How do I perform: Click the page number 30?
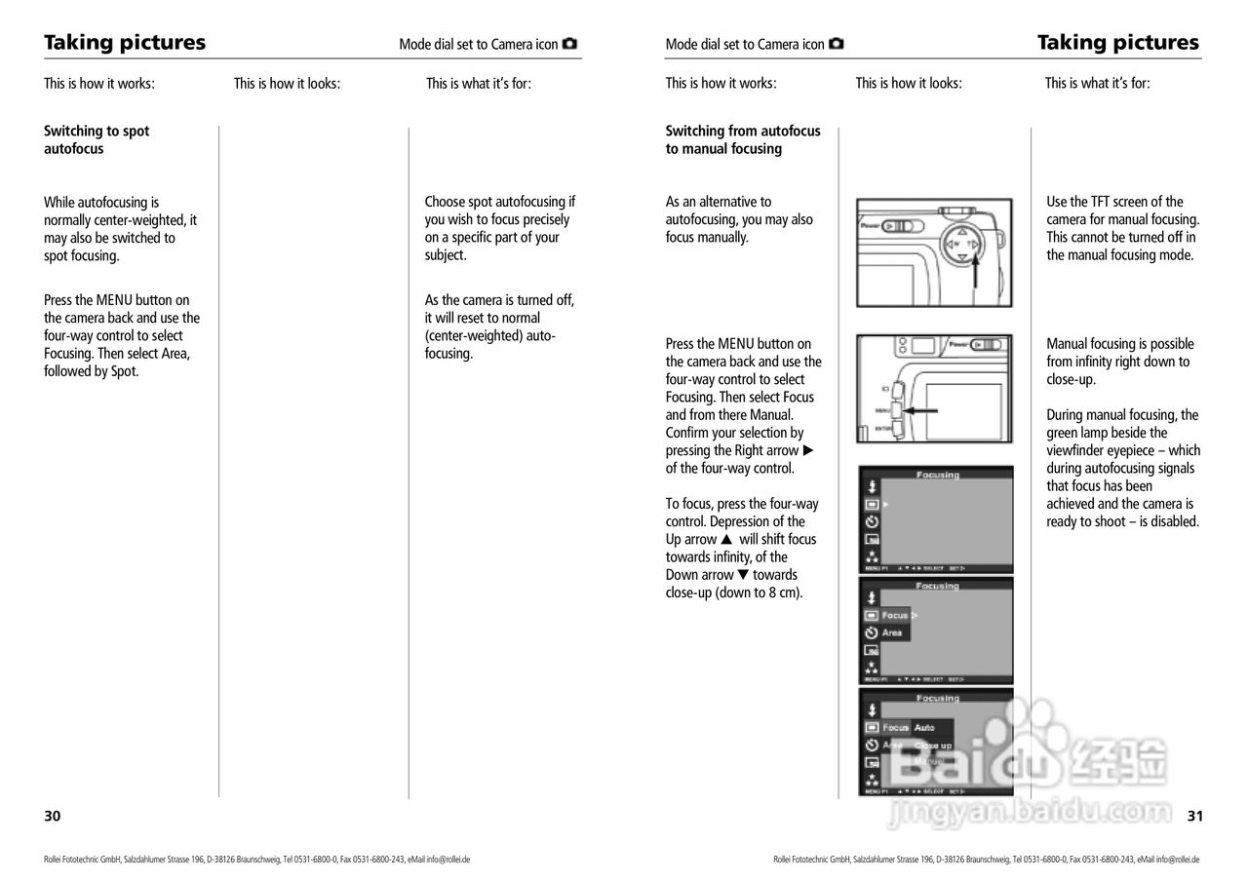click(x=52, y=816)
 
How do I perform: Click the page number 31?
click(x=1194, y=816)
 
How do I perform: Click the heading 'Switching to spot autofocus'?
click(x=97, y=139)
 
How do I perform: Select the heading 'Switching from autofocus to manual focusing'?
click(x=742, y=139)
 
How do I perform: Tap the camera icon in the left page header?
click(x=570, y=44)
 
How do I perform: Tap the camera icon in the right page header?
click(x=837, y=44)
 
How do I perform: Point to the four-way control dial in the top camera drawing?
click(x=962, y=244)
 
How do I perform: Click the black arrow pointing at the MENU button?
click(x=920, y=410)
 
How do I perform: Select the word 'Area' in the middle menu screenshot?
click(x=892, y=633)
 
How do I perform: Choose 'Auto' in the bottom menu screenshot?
click(x=924, y=728)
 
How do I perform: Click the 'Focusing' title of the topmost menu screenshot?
click(x=937, y=476)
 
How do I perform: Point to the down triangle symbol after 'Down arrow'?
click(x=743, y=575)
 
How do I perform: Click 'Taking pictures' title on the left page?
click(x=125, y=43)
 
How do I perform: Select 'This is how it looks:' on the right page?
click(x=909, y=84)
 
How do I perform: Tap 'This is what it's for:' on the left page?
click(x=479, y=84)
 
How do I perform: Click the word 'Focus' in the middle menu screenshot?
click(x=894, y=616)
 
